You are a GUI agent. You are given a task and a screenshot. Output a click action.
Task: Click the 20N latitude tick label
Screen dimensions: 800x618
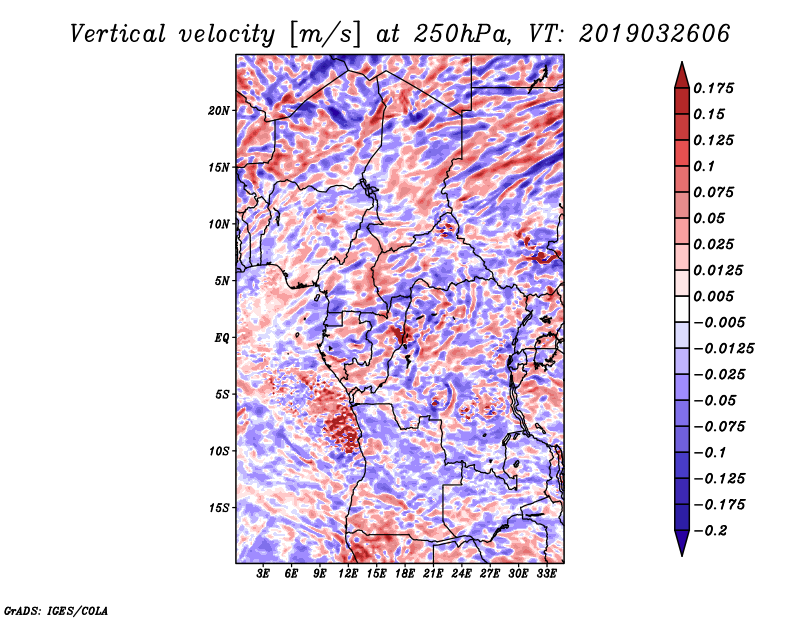(219, 111)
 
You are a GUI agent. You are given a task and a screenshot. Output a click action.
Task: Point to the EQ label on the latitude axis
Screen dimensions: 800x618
(221, 338)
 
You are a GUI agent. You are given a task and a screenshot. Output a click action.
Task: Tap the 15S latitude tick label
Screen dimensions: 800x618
(219, 508)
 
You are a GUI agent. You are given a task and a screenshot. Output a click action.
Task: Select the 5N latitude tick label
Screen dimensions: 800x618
(222, 281)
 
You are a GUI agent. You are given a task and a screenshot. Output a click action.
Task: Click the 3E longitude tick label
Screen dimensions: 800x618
(263, 574)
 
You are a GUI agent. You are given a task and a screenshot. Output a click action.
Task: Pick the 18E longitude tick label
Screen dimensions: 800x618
(405, 574)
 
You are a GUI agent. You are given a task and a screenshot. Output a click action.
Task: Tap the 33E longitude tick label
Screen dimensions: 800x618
(546, 574)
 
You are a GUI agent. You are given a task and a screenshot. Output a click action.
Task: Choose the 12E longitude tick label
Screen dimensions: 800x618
(348, 574)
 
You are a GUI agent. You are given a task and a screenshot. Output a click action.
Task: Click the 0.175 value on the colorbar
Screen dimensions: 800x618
(713, 88)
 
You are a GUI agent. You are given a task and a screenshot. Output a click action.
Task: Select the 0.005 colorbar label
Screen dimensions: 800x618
(713, 296)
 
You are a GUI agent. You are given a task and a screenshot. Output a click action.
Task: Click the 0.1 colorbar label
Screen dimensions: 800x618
(704, 166)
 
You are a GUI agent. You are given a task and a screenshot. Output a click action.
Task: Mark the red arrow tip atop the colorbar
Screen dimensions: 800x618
(682, 62)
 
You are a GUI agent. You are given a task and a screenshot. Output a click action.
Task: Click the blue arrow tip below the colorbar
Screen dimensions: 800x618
(682, 555)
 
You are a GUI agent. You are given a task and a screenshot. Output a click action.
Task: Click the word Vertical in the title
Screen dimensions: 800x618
(118, 34)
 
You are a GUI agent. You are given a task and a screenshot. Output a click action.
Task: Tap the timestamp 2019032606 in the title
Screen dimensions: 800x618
(655, 34)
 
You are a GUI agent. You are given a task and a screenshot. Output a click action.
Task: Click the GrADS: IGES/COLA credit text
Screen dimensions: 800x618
(56, 610)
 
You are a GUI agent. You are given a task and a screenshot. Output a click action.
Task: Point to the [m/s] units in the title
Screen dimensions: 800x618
(325, 35)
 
